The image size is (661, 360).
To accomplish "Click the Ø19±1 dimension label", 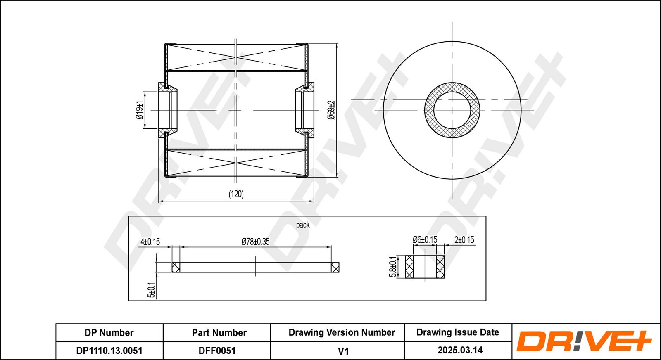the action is [139, 110].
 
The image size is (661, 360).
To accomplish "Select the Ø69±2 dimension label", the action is [331, 110].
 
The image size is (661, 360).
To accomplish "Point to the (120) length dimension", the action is [236, 194].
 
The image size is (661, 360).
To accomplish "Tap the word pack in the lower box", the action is [303, 225].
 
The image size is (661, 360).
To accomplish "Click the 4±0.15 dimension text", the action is [150, 242].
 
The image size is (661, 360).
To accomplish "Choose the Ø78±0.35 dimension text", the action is [256, 242].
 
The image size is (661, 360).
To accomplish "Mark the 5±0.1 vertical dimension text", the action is [152, 290].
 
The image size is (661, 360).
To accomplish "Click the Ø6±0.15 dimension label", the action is [425, 240].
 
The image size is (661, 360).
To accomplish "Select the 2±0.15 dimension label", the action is [464, 240].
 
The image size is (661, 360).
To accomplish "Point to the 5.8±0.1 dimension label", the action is [393, 267].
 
